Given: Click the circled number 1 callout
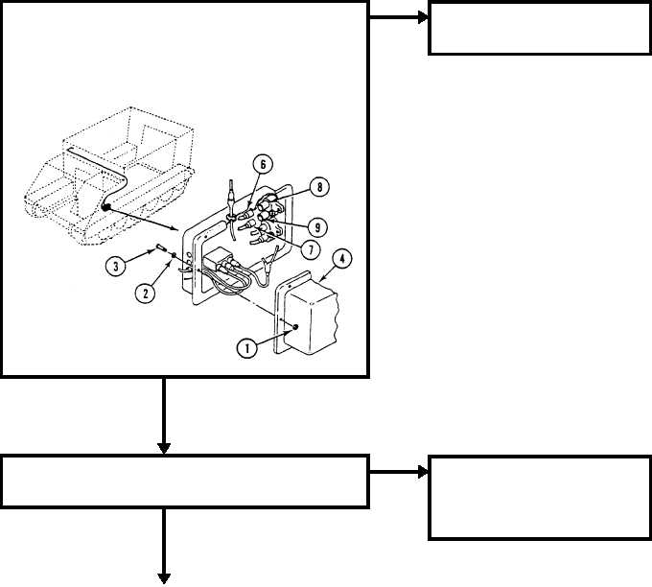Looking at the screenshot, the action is tap(247, 348).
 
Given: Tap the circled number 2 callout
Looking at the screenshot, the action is tap(145, 293).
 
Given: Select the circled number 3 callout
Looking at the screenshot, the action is tap(116, 266).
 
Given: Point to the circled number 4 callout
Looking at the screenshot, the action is tap(341, 259).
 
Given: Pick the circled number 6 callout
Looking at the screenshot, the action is tap(263, 165).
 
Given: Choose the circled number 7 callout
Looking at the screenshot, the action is tap(311, 249).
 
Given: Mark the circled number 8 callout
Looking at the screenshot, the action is tap(319, 187).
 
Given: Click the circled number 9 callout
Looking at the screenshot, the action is tap(317, 227).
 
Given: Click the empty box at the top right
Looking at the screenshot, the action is tap(539, 28).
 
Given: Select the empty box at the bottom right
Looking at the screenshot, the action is tap(539, 498).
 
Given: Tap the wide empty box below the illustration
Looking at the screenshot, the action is tap(185, 481).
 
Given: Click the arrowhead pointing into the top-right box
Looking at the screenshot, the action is tap(423, 17).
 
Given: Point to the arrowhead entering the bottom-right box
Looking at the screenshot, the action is tap(423, 472).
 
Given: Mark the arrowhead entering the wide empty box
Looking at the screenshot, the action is tap(164, 449).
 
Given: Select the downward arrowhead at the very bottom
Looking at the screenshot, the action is tap(164, 578).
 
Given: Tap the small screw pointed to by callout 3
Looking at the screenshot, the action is tap(160, 248).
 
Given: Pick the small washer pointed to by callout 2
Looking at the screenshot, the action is tap(174, 254).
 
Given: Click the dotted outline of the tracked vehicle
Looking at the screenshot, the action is tap(110, 176).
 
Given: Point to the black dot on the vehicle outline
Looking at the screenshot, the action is tap(105, 206).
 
